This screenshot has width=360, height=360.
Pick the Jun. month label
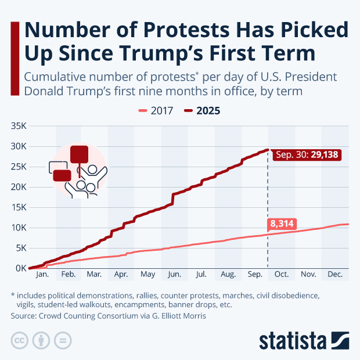click(174, 273)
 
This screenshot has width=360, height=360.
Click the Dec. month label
click(334, 273)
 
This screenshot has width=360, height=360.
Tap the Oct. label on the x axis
click(281, 273)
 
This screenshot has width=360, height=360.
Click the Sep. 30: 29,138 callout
click(305, 155)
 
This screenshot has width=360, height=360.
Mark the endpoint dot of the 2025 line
click(268, 150)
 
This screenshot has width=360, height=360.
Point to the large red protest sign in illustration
click(78, 154)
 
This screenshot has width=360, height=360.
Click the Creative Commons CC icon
click(20, 340)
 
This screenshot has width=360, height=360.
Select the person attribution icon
click(42, 340)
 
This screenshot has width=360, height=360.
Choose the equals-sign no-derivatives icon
click(63, 340)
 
